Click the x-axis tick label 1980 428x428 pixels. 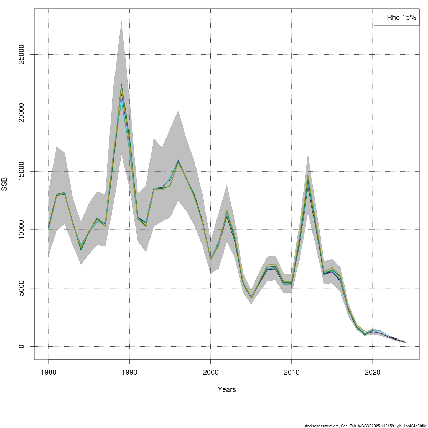pos(49,372)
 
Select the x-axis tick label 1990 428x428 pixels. pos(129,372)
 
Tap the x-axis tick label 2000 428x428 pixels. pos(211,372)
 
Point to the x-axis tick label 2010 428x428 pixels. pos(292,372)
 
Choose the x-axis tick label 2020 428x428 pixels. pos(373,372)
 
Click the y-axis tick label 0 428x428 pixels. pos(22,346)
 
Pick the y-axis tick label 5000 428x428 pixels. pos(22,288)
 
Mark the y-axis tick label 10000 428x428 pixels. pos(22,230)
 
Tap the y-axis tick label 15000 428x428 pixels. pos(22,171)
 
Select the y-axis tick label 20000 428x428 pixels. pos(22,113)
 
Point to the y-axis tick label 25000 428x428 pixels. pos(22,55)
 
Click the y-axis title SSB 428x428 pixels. pos(5,184)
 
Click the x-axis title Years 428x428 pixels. pos(227,389)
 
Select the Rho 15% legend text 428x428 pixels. pos(401,17)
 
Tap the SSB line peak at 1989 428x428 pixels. pos(121,86)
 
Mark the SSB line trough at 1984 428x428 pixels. pos(81,249)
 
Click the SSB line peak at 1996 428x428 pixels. pos(178,161)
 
